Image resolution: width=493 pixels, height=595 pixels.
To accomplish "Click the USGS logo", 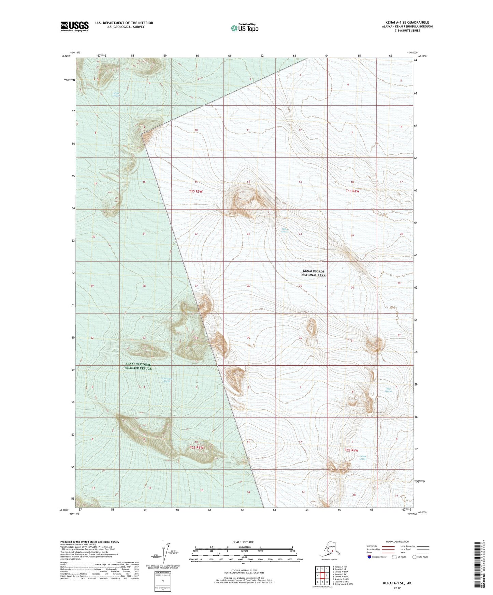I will [74, 26].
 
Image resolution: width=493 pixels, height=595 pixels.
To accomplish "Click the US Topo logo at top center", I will [244, 28].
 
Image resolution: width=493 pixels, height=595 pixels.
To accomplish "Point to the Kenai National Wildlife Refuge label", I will [138, 366].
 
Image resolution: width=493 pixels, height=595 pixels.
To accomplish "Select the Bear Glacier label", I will [389, 390].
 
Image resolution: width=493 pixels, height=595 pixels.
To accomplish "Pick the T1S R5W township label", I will [196, 192].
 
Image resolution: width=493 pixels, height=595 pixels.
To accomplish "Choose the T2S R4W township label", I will [351, 450].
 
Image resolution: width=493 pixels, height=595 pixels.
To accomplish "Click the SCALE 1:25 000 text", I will [243, 542].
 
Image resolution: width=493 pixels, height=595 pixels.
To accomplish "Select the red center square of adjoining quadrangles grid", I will [322, 576].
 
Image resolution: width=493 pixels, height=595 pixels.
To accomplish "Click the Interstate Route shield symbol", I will [369, 557].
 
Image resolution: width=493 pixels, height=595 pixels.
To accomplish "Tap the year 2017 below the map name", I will [397, 588].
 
